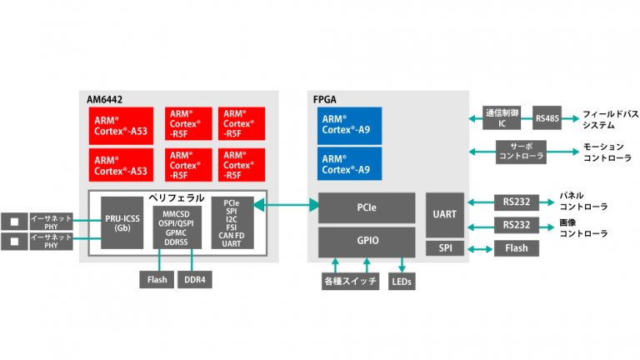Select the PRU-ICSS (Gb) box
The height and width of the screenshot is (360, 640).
point(122,222)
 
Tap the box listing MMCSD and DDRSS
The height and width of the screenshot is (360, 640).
point(177,222)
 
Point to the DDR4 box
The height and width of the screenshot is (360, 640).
point(196,280)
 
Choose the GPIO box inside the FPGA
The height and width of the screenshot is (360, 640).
point(367,241)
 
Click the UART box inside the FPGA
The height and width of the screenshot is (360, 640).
point(444,214)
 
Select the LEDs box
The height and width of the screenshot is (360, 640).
point(402,281)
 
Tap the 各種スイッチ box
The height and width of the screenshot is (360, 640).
point(350,281)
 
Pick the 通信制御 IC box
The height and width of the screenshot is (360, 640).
point(502,118)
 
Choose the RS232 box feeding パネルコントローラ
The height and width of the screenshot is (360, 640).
point(516,202)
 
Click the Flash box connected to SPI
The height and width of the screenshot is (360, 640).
point(516,247)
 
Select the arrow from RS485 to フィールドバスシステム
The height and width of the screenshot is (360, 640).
point(570,118)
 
